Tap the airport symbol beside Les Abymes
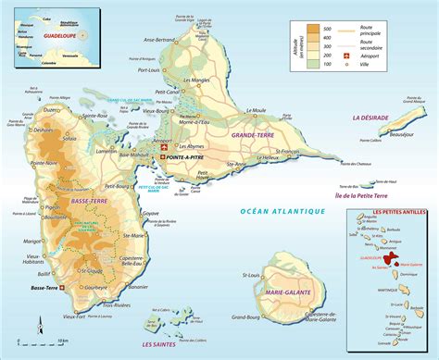pyautogui.click(x=166, y=149)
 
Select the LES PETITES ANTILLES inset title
pyautogui.click(x=387, y=216)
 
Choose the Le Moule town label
pyautogui.click(x=256, y=110)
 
